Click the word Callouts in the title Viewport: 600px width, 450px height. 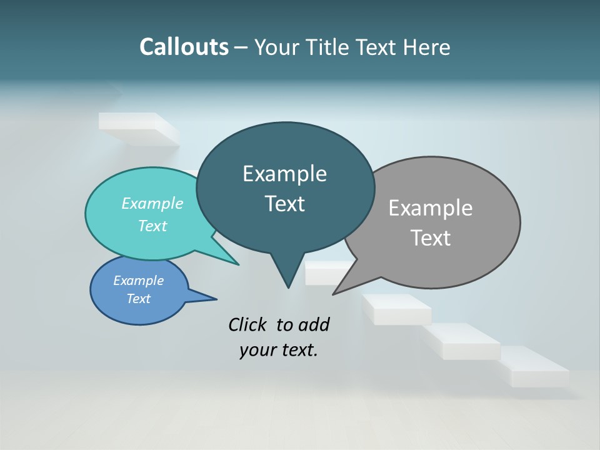point(184,47)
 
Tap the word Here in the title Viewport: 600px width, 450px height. point(427,47)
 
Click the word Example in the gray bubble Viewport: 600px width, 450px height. point(430,208)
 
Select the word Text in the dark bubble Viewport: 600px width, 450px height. point(285,204)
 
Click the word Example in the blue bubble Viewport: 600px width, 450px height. point(138,281)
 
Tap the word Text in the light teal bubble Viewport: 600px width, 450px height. point(152,226)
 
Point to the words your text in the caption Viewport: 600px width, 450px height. point(279,350)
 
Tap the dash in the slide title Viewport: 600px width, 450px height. point(242,47)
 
